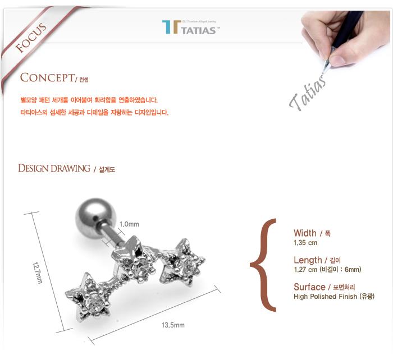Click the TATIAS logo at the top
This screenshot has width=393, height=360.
tap(190, 27)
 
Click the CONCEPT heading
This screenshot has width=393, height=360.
tap(45, 77)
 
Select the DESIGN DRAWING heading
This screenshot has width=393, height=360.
tap(54, 168)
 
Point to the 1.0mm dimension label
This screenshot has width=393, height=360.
tap(129, 224)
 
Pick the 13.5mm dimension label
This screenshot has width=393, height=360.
tap(173, 325)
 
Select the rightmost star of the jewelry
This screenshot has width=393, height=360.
tap(184, 261)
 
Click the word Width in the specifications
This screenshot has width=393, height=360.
tap(305, 233)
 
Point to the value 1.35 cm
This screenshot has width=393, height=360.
tap(305, 243)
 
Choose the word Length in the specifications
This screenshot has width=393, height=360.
tap(308, 260)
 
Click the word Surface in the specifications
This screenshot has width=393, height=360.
tap(309, 287)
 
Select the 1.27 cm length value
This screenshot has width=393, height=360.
tap(305, 270)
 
